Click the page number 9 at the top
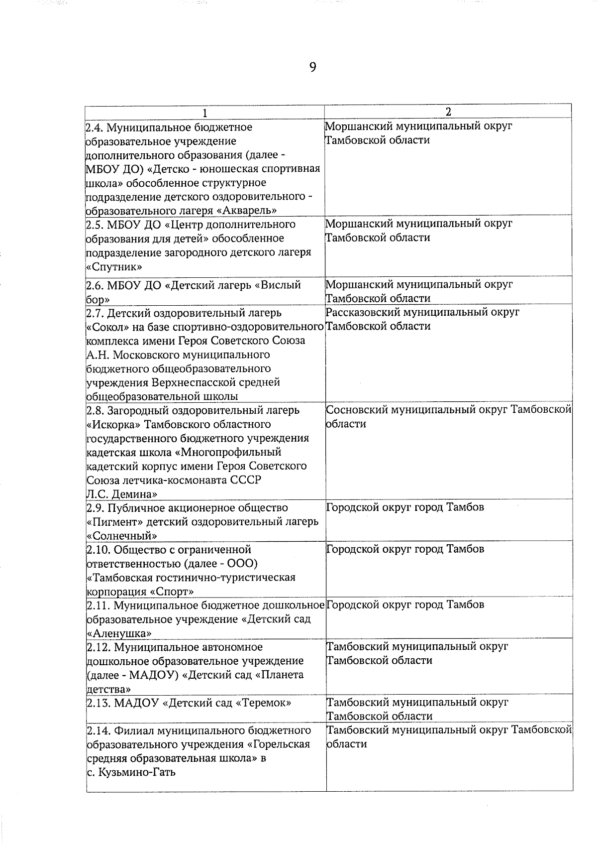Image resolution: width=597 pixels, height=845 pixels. (312, 67)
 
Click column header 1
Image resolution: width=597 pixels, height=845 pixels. (204, 113)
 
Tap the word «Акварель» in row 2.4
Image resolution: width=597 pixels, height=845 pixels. (247, 211)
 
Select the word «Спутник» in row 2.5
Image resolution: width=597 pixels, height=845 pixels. (114, 266)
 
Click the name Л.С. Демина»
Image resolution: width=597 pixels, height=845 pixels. (122, 494)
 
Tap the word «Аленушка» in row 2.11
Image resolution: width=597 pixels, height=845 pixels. (119, 633)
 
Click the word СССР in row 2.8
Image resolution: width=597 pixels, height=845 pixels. (246, 480)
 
